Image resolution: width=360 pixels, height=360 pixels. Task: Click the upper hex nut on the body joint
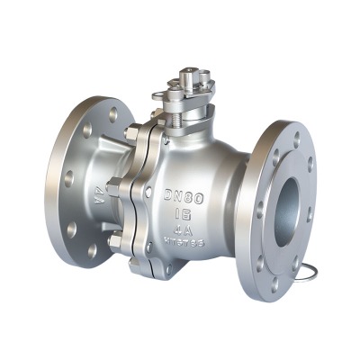click(131, 138)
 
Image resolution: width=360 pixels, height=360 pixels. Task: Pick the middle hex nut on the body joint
click(114, 188)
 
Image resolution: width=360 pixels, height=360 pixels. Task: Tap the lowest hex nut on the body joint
click(117, 240)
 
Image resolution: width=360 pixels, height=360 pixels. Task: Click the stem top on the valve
click(188, 77)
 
